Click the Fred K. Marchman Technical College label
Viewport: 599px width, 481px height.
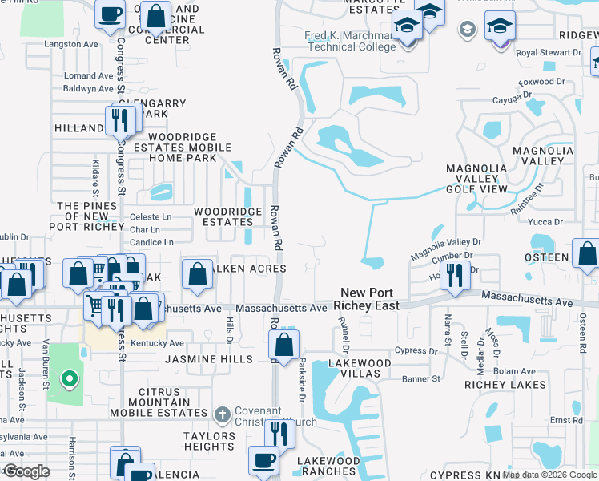tap(351, 41)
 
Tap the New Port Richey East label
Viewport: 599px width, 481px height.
tap(365, 299)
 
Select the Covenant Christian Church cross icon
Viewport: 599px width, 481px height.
tap(223, 414)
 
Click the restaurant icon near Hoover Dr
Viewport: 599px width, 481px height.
tap(454, 276)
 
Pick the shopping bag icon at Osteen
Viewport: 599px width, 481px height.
tap(587, 253)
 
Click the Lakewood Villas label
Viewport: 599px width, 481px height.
tap(360, 368)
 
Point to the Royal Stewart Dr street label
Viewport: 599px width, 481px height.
tap(549, 53)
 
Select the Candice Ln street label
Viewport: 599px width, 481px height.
tap(151, 242)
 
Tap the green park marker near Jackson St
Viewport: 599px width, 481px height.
tap(70, 378)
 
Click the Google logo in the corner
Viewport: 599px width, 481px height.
tap(26, 471)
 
